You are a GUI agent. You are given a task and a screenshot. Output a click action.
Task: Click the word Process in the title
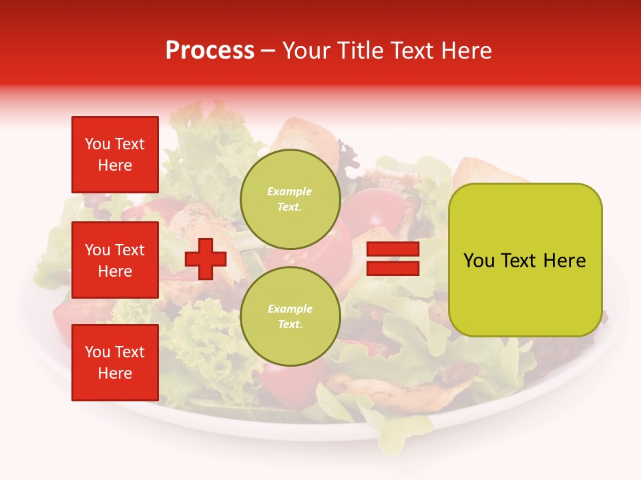[x=210, y=51]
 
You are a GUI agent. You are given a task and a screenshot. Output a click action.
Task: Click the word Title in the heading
[x=361, y=51]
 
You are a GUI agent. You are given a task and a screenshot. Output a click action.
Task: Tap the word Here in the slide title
[x=465, y=51]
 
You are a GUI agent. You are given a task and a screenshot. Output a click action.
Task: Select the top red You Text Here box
[x=115, y=155]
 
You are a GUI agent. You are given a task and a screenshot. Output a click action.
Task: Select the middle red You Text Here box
[x=115, y=260]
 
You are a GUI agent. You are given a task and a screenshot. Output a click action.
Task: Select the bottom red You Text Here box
[x=115, y=363]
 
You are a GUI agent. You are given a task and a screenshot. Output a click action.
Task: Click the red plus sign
[x=206, y=259]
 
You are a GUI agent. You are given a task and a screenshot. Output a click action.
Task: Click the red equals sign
[x=393, y=259]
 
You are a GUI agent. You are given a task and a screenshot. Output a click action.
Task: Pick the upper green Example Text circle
[x=290, y=199]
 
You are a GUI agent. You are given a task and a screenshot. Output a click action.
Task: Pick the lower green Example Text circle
[x=290, y=316]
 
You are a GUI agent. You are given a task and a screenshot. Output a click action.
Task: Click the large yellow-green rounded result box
[x=525, y=260]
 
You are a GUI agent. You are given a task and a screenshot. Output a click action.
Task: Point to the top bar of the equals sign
[x=393, y=249]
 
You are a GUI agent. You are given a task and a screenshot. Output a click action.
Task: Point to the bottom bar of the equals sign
[x=393, y=268]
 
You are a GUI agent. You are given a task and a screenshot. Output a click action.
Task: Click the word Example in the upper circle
[x=290, y=191]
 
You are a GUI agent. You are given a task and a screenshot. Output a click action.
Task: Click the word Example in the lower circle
[x=290, y=309]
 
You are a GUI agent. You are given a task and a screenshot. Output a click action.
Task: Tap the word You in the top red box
[x=97, y=144]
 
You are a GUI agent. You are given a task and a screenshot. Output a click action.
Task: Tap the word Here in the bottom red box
[x=115, y=373]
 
